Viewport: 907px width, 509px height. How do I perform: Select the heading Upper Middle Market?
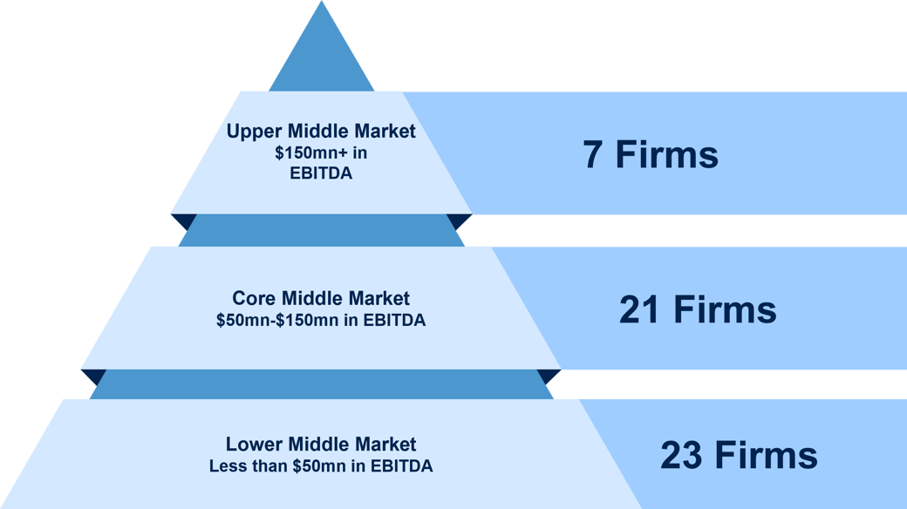pyautogui.click(x=321, y=132)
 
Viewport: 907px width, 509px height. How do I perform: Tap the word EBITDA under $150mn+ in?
pyautogui.click(x=321, y=173)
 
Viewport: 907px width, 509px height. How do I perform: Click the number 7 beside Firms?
pyautogui.click(x=592, y=155)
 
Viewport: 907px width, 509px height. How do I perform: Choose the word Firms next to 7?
pyautogui.click(x=667, y=155)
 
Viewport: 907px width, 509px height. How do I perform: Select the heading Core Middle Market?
pyautogui.click(x=321, y=298)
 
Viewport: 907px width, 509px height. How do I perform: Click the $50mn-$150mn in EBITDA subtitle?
pyautogui.click(x=321, y=320)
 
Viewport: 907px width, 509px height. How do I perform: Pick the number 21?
pyautogui.click(x=639, y=309)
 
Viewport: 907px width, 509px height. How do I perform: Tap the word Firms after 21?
pyautogui.click(x=726, y=309)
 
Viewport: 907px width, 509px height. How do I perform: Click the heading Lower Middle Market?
pyautogui.click(x=321, y=445)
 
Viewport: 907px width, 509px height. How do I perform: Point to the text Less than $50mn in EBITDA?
pyautogui.click(x=321, y=465)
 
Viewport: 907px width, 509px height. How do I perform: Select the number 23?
pyautogui.click(x=681, y=455)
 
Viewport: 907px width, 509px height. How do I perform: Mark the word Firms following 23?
pyautogui.click(x=767, y=455)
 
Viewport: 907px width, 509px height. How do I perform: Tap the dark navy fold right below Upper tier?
pyautogui.click(x=460, y=221)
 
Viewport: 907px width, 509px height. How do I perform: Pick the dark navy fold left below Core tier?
pyautogui.click(x=94, y=377)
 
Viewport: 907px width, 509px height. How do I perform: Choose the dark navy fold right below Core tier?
pyautogui.click(x=549, y=377)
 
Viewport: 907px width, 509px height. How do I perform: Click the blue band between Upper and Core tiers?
pyautogui.click(x=322, y=230)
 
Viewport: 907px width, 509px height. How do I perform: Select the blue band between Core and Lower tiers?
pyautogui.click(x=322, y=384)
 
